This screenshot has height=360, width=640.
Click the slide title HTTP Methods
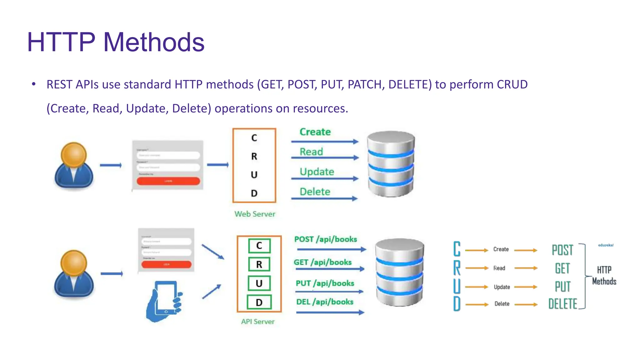pyautogui.click(x=116, y=42)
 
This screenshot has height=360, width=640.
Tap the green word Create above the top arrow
pyautogui.click(x=315, y=132)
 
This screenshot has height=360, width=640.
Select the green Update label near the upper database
pyautogui.click(x=317, y=172)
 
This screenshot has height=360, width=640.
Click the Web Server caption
pyautogui.click(x=255, y=214)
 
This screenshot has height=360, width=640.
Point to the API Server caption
pyautogui.click(x=258, y=322)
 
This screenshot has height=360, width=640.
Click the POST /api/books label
pyautogui.click(x=326, y=239)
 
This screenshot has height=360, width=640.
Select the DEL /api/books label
pyautogui.click(x=325, y=302)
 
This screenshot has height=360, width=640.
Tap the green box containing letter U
pyautogui.click(x=259, y=283)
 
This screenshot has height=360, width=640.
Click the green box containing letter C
pyautogui.click(x=259, y=246)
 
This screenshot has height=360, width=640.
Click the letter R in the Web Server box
pyautogui.click(x=254, y=156)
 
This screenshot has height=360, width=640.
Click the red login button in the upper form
pyautogui.click(x=168, y=181)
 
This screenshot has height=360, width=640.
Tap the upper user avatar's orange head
pyautogui.click(x=74, y=155)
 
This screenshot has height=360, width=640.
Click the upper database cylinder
pyautogui.click(x=391, y=164)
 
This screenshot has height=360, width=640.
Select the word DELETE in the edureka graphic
pyautogui.click(x=562, y=304)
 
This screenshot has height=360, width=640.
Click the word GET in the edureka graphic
pyautogui.click(x=562, y=268)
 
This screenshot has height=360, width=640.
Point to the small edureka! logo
pyautogui.click(x=606, y=245)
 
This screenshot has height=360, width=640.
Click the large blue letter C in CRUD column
pyautogui.click(x=457, y=249)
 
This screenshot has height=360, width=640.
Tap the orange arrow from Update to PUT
pyautogui.click(x=526, y=287)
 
